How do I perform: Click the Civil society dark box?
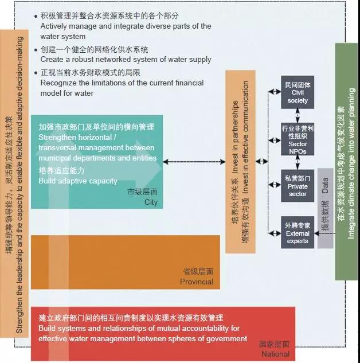pyautogui.click(x=298, y=92)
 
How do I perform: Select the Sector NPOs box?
pyautogui.click(x=298, y=139)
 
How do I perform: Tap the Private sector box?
pyautogui.click(x=298, y=185)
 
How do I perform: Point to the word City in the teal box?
pyautogui.click(x=151, y=202)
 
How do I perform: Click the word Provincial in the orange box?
pyautogui.click(x=197, y=282)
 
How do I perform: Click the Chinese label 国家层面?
pyautogui.click(x=274, y=344)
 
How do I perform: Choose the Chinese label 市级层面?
pyautogui.click(x=143, y=192)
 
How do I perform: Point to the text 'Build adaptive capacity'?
pyautogui.click(x=78, y=181)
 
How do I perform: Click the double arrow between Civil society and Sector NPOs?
pyautogui.click(x=298, y=115)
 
